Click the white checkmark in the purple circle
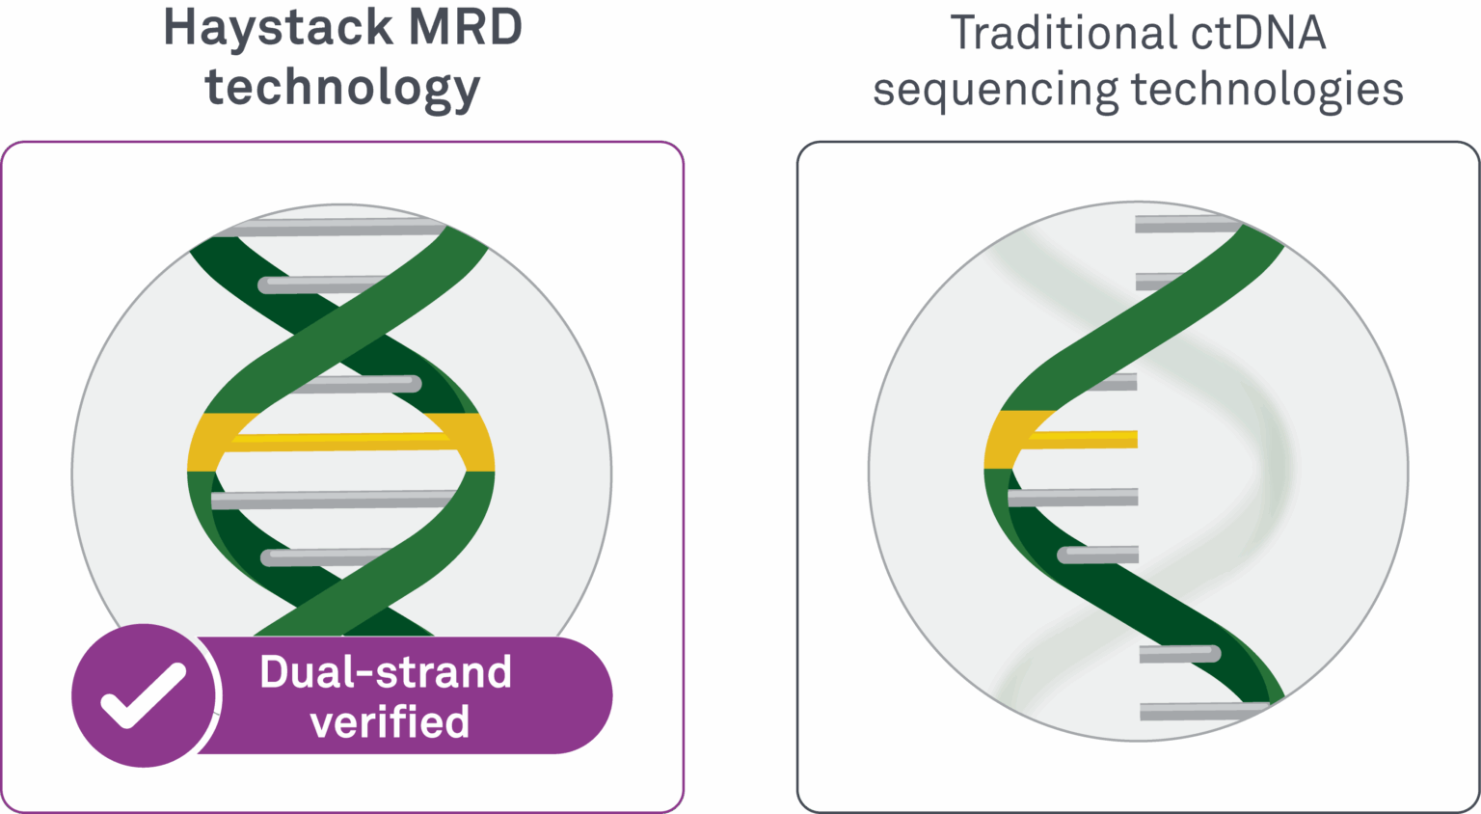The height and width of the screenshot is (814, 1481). tap(144, 695)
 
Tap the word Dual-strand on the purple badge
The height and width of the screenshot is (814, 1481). tap(386, 672)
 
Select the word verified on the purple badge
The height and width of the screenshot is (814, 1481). tap(390, 722)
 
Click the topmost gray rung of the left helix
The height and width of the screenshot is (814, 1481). tap(328, 228)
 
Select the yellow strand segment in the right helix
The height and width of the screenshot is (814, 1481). tap(1010, 440)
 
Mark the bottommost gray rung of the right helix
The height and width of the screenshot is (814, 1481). tap(1200, 712)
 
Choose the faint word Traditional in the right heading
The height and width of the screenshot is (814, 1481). tap(1061, 33)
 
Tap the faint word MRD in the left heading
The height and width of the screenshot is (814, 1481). tap(465, 27)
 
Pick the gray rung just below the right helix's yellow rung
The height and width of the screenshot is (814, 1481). tap(1073, 498)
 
